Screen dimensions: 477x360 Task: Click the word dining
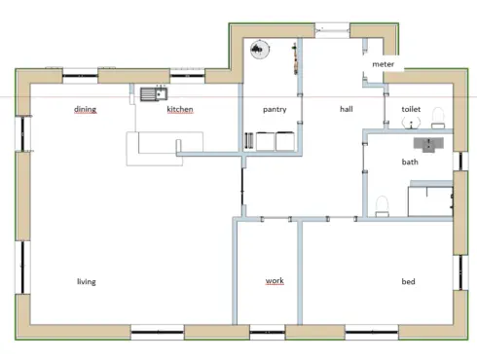[85, 109]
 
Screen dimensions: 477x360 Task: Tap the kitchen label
[180, 109]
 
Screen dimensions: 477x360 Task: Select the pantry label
[275, 110]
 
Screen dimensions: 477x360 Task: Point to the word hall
[347, 109]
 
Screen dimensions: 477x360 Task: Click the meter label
[383, 64]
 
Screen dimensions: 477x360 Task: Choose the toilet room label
[411, 109]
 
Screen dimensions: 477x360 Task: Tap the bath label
[410, 162]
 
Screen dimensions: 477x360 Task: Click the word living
[87, 281]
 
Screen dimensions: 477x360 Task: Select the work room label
[275, 280]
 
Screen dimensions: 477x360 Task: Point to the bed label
[408, 281]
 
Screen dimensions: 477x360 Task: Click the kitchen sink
[154, 94]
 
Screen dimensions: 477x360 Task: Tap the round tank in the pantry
[260, 50]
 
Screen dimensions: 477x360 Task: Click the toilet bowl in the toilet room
[438, 118]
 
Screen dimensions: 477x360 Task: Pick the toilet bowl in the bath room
[383, 206]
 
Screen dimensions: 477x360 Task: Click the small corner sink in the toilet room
[411, 123]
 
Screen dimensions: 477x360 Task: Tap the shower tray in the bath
[430, 201]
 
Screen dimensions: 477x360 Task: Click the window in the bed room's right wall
[460, 272]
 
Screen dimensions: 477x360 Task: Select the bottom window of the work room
[268, 332]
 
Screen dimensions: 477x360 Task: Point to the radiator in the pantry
[248, 141]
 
